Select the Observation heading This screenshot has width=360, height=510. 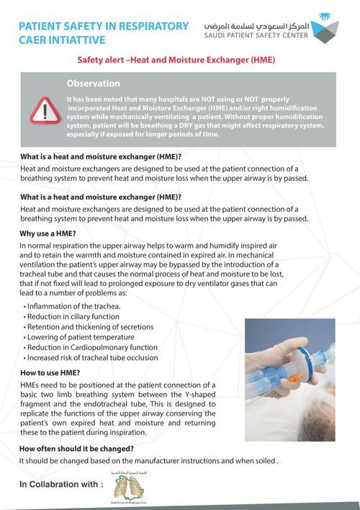click(x=93, y=84)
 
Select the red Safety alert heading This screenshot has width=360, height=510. click(x=176, y=62)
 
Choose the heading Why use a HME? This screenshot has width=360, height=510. click(x=48, y=233)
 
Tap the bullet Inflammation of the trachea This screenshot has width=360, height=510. click(x=74, y=306)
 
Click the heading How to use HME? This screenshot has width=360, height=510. click(x=50, y=372)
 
